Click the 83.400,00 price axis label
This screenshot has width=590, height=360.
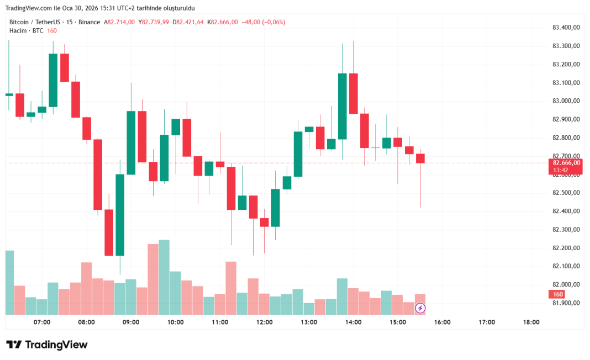[x=566, y=27]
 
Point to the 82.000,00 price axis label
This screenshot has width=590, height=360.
[x=566, y=284]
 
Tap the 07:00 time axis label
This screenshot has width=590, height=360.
[x=42, y=322]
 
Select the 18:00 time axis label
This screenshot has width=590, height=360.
[x=531, y=322]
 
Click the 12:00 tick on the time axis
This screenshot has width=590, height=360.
[x=265, y=322]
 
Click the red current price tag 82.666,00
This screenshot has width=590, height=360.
[x=566, y=162]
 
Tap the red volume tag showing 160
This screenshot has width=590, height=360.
[x=558, y=294]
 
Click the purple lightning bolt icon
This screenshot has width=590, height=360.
[x=420, y=308]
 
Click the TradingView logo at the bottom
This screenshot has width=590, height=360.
[x=47, y=345]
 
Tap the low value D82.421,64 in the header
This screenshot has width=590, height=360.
[x=188, y=22]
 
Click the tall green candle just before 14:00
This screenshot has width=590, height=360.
[x=343, y=106]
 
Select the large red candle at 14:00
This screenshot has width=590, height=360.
[x=354, y=93]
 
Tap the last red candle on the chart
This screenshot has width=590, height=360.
[x=420, y=158]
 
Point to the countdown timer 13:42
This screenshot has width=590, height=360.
[x=561, y=171]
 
